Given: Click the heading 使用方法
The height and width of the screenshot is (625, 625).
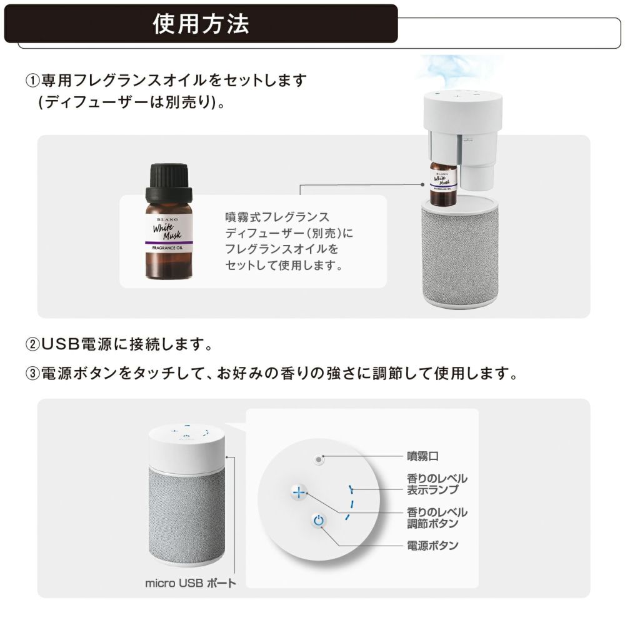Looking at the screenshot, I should (201, 24).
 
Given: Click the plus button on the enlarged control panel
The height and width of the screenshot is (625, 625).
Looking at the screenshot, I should (299, 492).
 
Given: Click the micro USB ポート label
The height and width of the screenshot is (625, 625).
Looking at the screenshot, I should (191, 584).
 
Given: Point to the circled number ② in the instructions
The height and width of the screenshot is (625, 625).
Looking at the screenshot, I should (32, 344).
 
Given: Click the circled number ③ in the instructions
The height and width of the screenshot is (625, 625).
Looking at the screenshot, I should (32, 374).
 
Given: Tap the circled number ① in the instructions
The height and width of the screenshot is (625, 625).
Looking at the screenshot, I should (32, 81).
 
